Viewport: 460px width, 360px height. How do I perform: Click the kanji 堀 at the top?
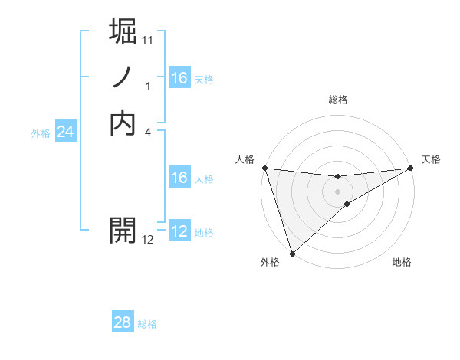(123, 33)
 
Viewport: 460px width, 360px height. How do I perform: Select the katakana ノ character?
(123, 77)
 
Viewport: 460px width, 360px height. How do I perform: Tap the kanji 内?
(123, 122)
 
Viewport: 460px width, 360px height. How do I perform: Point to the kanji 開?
(123, 229)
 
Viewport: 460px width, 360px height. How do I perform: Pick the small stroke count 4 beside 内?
(148, 131)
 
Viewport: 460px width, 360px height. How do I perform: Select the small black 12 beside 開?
(148, 240)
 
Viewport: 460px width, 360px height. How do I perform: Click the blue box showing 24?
(65, 132)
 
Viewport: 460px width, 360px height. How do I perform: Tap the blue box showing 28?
(122, 322)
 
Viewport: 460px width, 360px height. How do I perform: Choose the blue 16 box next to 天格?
(179, 78)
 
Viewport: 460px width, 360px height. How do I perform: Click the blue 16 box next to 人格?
(179, 178)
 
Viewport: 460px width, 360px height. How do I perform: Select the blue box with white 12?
(179, 231)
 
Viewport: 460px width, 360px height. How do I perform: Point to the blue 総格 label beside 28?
(148, 324)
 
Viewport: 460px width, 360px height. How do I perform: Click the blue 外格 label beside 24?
(41, 133)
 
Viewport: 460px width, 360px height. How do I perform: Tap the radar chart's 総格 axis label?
(338, 100)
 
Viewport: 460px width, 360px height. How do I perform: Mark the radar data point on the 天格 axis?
(412, 168)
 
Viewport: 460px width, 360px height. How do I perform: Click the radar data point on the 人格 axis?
(264, 168)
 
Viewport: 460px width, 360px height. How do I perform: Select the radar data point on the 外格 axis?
(292, 254)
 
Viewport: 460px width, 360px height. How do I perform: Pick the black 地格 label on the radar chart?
(402, 263)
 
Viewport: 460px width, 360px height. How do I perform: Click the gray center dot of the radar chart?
(338, 191)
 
